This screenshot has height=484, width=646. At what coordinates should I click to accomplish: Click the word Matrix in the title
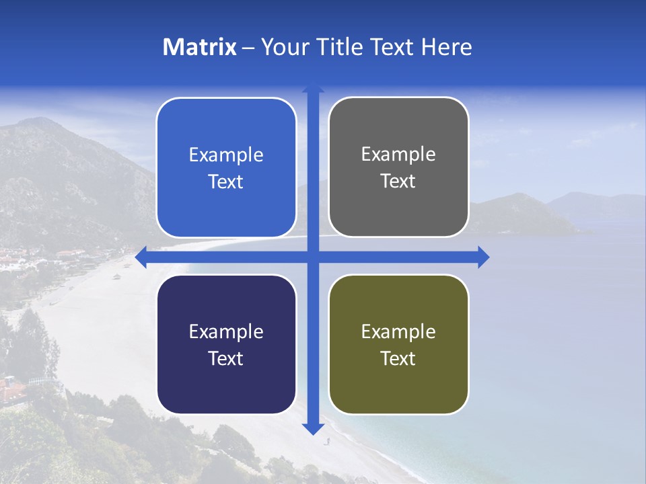(x=199, y=47)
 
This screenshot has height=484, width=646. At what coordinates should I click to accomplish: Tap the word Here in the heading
(x=447, y=47)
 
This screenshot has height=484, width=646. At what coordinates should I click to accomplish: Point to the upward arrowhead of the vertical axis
(x=312, y=88)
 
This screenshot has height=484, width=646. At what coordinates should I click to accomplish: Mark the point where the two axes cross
(x=312, y=257)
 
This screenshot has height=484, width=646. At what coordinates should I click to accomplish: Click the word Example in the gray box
(x=398, y=155)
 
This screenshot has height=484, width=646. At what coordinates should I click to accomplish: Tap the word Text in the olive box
(x=398, y=358)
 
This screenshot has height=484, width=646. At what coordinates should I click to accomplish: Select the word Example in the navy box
(x=226, y=331)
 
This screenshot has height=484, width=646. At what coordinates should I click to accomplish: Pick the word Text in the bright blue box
(x=226, y=182)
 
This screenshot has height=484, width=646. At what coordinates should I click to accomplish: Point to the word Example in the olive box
(x=398, y=331)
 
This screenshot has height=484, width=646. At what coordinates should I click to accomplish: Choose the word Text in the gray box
(x=398, y=182)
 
